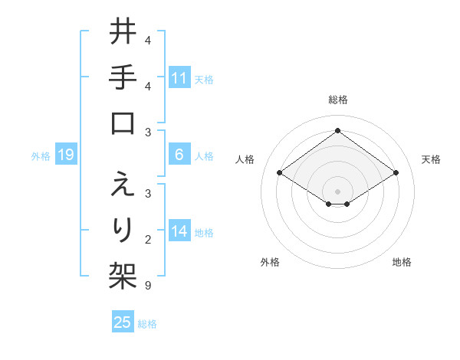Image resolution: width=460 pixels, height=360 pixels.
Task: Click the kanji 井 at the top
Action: (123, 33)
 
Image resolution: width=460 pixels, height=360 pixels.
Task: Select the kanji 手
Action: (123, 79)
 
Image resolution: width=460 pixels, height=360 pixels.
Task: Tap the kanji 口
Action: (123, 123)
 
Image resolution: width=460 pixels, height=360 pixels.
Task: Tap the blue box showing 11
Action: (179, 78)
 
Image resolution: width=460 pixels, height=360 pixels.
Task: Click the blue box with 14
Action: (179, 231)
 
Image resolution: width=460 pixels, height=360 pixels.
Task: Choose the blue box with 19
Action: (66, 155)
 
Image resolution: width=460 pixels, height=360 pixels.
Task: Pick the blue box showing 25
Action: (123, 323)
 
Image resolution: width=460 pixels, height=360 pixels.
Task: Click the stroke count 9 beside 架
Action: (148, 286)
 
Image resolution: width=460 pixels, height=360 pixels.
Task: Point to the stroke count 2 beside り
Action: (148, 241)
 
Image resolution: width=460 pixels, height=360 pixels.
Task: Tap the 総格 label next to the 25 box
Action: (148, 324)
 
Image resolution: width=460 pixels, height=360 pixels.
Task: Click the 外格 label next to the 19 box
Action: (41, 156)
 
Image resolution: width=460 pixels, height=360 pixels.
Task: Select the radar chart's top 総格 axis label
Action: (337, 100)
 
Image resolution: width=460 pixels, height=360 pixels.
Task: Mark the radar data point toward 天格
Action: (396, 173)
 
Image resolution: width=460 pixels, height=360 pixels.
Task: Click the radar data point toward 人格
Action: (279, 173)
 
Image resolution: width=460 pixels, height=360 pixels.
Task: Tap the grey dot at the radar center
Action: (337, 191)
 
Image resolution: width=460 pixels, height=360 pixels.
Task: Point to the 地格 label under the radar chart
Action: (402, 262)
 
